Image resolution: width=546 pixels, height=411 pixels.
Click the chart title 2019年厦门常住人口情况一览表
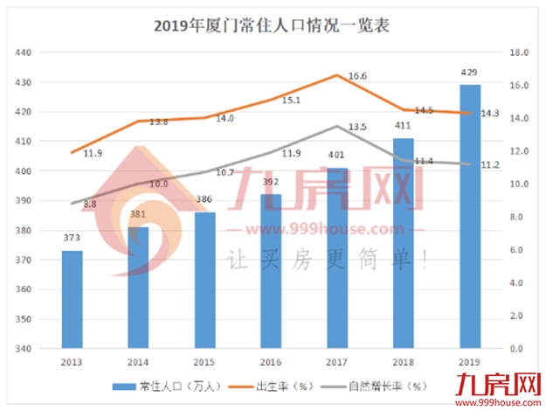point(272,24)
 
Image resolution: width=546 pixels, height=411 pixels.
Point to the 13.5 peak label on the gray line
point(356,128)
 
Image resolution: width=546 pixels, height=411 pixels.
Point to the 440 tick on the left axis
point(24,52)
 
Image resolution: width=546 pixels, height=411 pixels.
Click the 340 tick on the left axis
point(24,349)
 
